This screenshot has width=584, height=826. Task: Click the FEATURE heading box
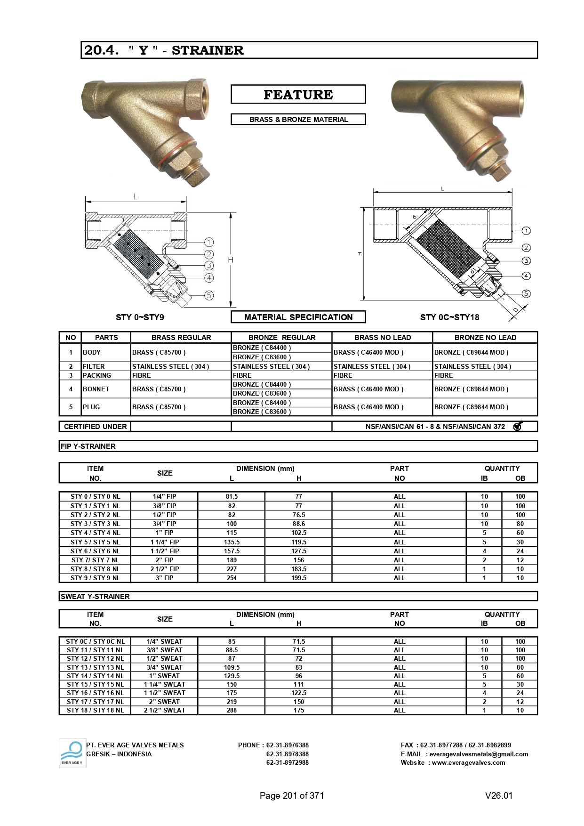coord(298,94)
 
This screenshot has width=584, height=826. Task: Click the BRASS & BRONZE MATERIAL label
coord(298,120)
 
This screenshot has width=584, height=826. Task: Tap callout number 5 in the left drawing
coord(209,295)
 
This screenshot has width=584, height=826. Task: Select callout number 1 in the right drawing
coord(526,231)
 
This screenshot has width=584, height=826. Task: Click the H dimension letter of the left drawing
coord(231,260)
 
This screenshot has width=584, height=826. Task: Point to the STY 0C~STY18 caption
coord(449,317)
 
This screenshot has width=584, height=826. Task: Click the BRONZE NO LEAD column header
coord(485,337)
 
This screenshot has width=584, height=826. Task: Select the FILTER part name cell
coord(94,366)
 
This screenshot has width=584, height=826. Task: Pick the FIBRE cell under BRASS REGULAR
coord(142,375)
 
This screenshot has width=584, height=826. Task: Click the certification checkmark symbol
coord(518,426)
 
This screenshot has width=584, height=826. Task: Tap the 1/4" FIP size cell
coord(164,496)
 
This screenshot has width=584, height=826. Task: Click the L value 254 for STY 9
coord(232,578)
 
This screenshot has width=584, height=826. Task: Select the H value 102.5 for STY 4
coord(298,533)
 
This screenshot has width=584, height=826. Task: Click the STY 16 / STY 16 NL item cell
coord(95,693)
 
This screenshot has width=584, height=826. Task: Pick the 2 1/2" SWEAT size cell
coord(164,710)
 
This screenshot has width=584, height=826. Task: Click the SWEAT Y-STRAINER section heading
coord(95,596)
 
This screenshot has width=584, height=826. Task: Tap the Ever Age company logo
coord(72,753)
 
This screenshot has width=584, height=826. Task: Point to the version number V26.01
coord(498,795)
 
